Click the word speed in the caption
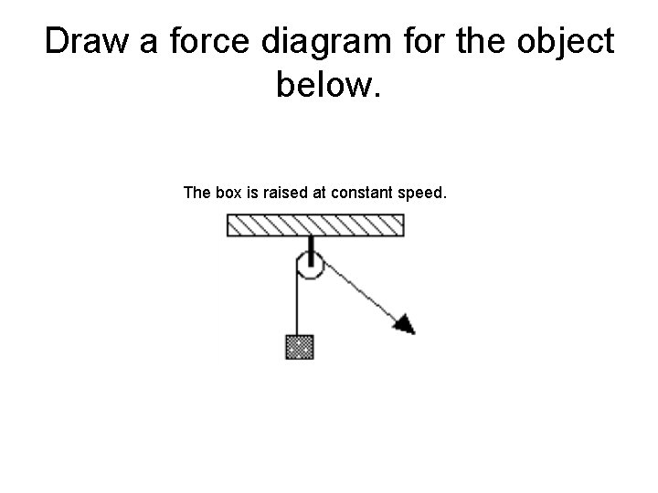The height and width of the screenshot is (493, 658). click(x=420, y=193)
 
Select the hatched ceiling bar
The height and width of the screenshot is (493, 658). click(x=315, y=225)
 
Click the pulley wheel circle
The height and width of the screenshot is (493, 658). click(x=310, y=266)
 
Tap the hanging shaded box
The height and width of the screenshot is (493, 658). click(x=299, y=347)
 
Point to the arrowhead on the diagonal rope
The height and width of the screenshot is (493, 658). click(x=405, y=322)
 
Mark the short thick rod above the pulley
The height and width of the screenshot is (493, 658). click(x=311, y=246)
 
